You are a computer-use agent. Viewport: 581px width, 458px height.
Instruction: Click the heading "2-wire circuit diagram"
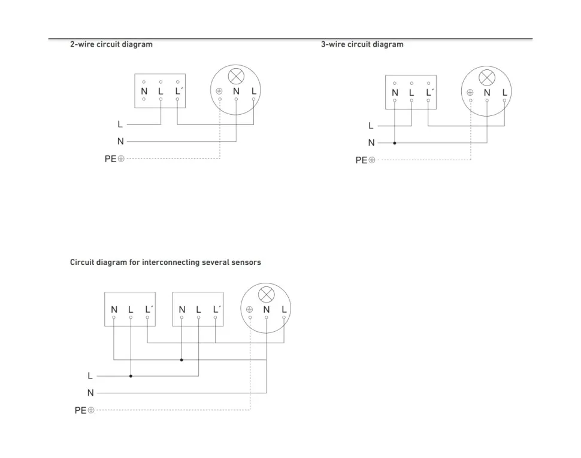tap(111, 44)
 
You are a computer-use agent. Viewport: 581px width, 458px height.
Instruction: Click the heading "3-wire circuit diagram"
tap(362, 44)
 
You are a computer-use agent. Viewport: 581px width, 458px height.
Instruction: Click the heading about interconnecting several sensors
tap(165, 262)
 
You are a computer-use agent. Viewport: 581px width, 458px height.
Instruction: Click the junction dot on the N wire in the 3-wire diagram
tap(395, 143)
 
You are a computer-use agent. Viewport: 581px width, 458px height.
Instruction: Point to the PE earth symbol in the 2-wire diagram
tap(121, 158)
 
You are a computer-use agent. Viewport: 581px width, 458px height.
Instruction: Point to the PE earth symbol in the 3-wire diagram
tap(372, 160)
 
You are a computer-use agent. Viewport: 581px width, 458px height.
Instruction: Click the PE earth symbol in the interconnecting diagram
tap(91, 410)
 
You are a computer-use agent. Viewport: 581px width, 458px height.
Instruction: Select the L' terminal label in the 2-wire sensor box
tap(178, 91)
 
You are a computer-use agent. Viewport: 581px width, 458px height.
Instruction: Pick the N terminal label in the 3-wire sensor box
tap(395, 93)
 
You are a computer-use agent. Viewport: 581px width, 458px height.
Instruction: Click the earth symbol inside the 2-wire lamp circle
tap(219, 91)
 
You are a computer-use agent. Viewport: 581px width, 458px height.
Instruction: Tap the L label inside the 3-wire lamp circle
tap(505, 93)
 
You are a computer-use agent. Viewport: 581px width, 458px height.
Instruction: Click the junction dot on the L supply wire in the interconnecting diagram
tap(131, 376)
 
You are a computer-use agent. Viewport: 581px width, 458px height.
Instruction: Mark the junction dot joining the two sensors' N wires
tap(181, 360)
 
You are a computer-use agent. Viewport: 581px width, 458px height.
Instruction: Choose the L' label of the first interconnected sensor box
tap(149, 309)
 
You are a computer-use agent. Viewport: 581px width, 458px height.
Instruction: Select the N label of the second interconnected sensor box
tap(182, 309)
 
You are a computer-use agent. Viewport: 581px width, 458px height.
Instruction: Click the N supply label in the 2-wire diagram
tap(120, 142)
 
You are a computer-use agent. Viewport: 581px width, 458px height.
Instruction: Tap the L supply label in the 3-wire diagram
tap(371, 126)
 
